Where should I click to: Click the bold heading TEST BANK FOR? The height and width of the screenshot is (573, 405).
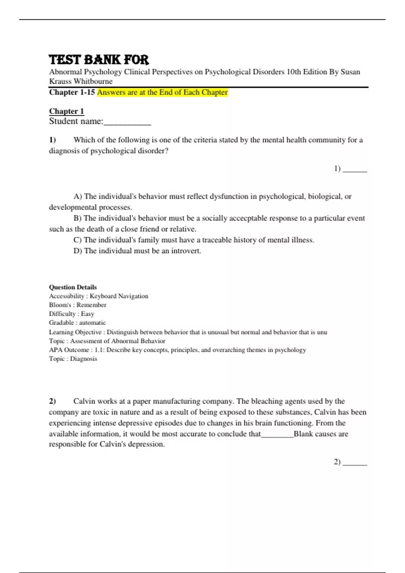(99, 60)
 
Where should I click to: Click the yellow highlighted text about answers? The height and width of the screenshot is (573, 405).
(162, 92)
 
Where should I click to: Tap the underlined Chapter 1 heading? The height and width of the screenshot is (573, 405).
(66, 111)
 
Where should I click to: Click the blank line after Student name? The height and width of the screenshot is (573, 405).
(127, 122)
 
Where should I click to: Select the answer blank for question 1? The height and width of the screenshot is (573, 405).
(355, 170)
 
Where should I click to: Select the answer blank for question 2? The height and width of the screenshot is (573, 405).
(355, 463)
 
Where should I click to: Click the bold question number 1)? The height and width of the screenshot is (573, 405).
(52, 140)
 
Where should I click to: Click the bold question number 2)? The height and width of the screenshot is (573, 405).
(52, 401)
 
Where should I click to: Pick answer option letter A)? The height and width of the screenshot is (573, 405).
(78, 197)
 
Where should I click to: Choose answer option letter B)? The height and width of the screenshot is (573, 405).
(78, 218)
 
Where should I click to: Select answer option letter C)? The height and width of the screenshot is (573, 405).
(78, 240)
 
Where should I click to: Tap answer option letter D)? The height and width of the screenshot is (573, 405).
(78, 251)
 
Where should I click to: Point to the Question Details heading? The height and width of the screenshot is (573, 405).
(73, 287)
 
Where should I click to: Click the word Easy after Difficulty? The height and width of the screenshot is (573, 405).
(87, 314)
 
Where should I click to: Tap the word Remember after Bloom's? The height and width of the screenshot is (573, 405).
(91, 305)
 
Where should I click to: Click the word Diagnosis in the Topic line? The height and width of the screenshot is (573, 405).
(83, 359)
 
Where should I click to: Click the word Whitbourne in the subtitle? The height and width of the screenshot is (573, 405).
(93, 81)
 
